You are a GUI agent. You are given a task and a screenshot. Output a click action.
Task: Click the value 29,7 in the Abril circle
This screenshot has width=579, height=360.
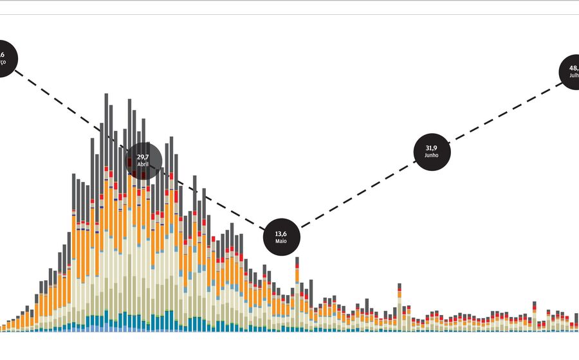(143, 156)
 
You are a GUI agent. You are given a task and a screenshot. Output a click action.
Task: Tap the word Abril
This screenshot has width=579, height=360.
(143, 165)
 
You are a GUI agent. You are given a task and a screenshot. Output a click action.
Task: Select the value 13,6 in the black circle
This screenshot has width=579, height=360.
(281, 233)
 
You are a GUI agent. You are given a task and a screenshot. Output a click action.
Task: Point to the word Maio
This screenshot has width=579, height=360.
(281, 241)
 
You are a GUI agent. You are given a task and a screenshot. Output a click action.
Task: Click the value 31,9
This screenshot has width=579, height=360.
(432, 148)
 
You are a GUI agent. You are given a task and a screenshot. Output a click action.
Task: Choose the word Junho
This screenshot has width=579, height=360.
(432, 156)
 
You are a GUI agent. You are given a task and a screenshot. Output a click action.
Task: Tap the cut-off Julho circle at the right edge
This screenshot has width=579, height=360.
(571, 71)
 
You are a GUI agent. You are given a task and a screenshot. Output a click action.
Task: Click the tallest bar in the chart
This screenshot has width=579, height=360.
(106, 212)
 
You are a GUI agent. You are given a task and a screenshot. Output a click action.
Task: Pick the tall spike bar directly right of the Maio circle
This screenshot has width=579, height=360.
(297, 283)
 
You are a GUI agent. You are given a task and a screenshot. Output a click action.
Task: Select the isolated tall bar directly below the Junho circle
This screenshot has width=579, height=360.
(400, 305)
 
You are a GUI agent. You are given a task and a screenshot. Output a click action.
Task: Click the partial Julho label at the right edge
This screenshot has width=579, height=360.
(574, 75)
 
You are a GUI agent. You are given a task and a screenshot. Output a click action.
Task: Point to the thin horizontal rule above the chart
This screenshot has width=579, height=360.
(289, 14)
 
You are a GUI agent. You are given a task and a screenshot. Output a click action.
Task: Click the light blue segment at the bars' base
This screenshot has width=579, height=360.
(96, 328)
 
